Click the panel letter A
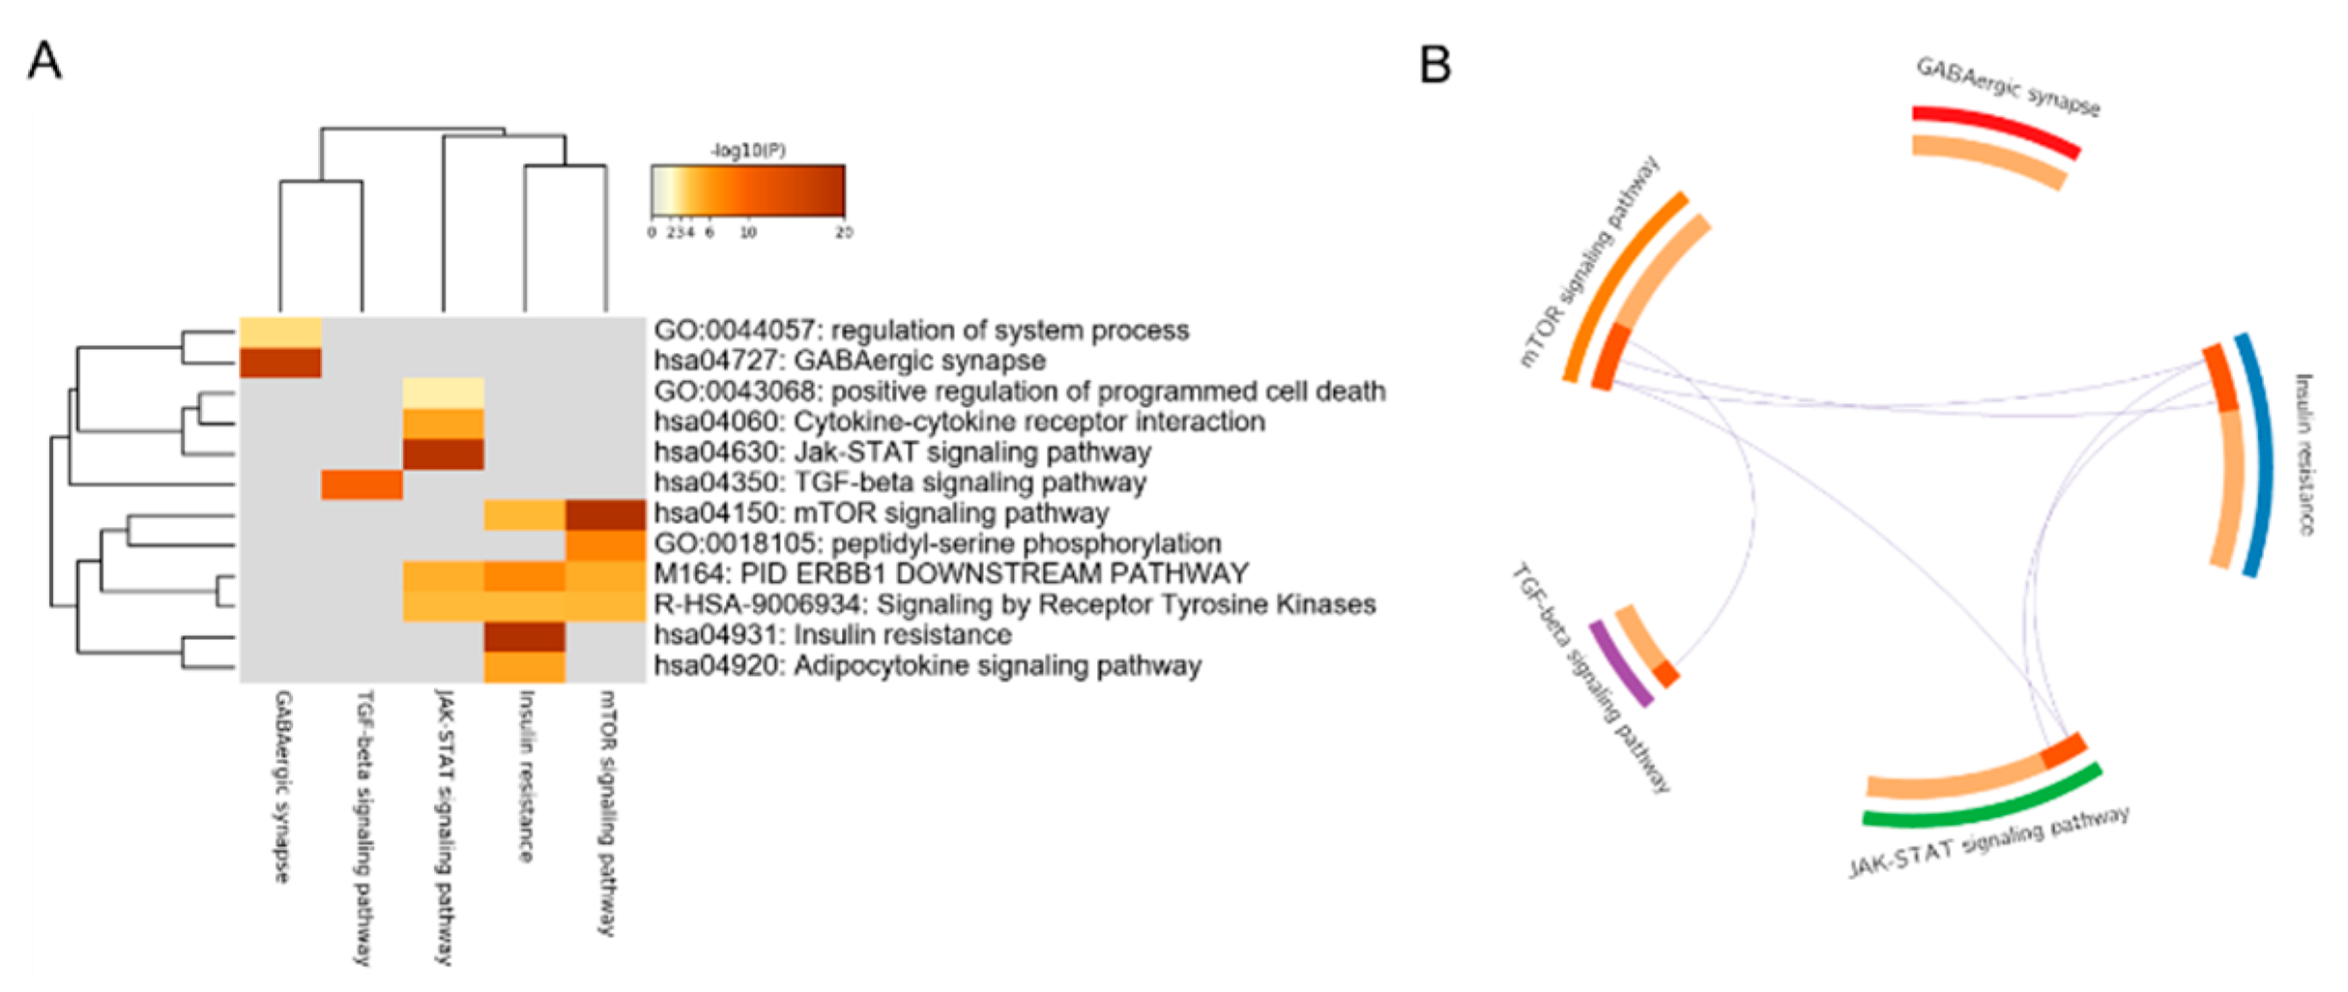point(44,61)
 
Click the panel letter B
point(1435,65)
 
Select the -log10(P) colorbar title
point(747,151)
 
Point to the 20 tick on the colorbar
point(844,233)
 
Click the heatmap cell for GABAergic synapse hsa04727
point(280,363)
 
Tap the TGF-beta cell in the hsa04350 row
point(362,483)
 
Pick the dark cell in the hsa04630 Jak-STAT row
point(444,453)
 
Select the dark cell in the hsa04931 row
point(525,636)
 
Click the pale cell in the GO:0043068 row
point(444,393)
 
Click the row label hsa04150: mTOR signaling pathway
point(881,513)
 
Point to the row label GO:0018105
point(937,543)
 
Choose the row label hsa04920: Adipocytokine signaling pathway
point(927,666)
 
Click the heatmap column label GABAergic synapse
point(281,785)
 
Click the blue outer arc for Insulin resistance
point(2260,454)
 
